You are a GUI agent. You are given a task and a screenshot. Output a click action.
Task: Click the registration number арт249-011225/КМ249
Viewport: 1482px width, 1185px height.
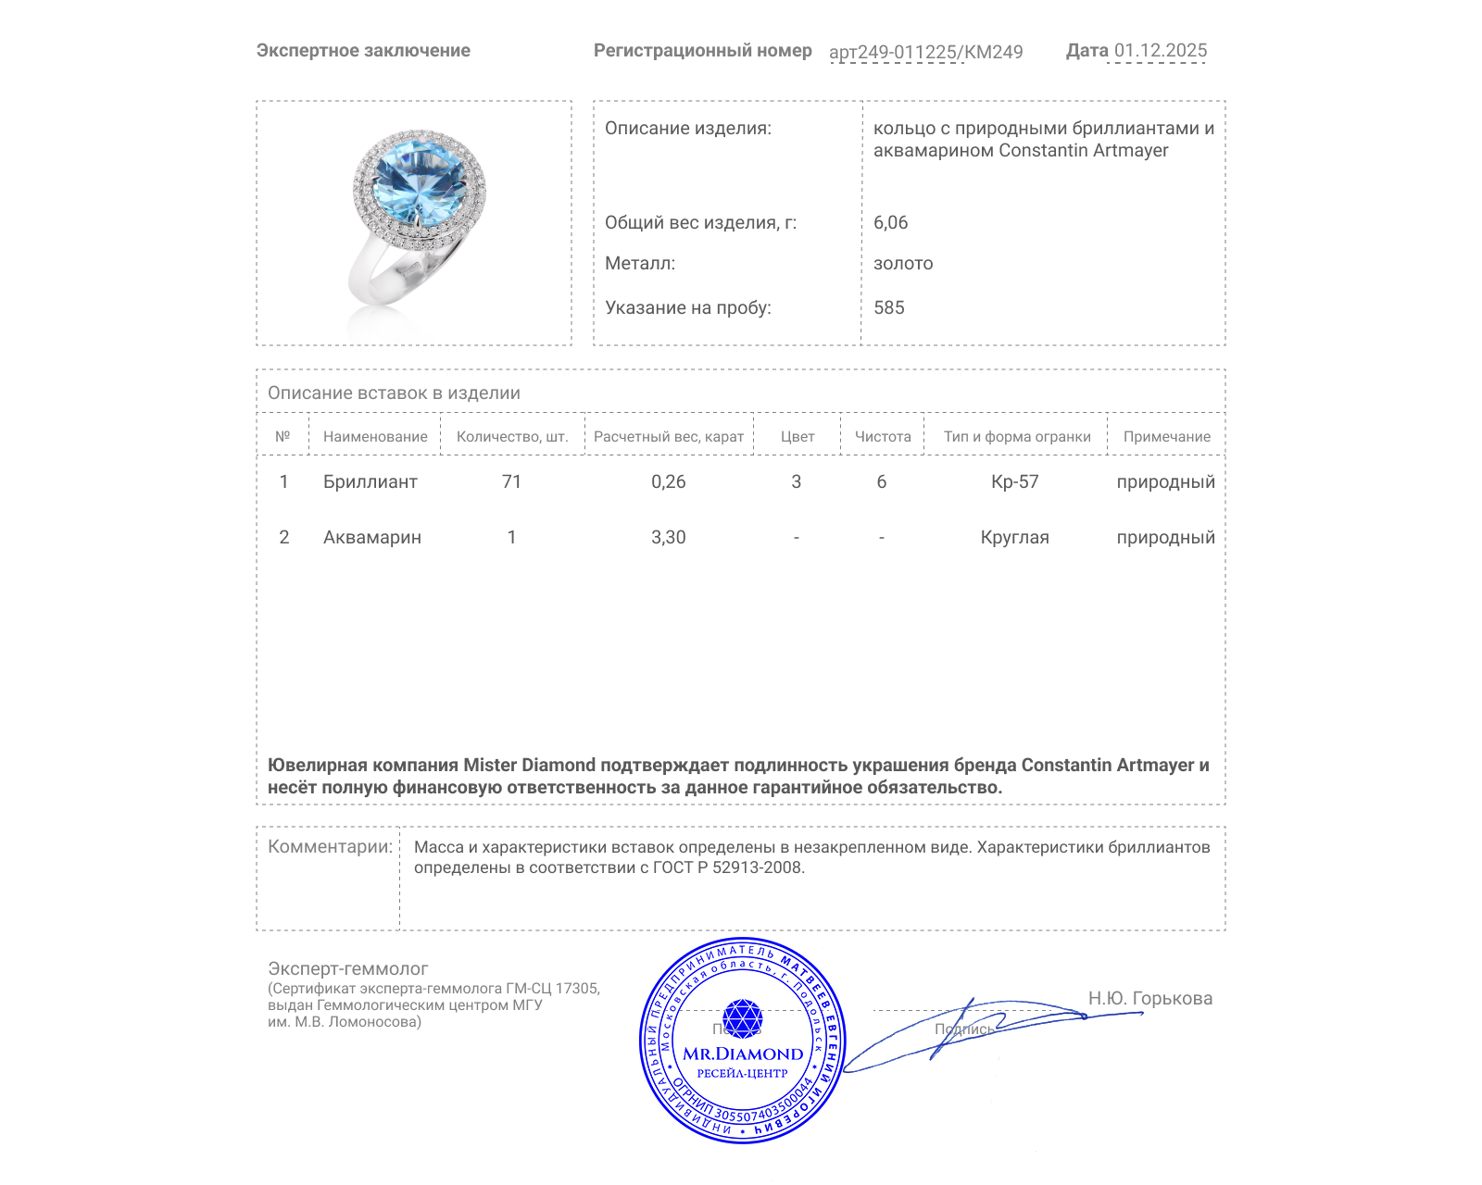[x=925, y=53]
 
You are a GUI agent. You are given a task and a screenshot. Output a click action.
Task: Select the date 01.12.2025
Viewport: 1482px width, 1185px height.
[x=1160, y=51]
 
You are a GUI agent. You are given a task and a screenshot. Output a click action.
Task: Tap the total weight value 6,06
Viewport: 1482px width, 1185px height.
[x=890, y=222]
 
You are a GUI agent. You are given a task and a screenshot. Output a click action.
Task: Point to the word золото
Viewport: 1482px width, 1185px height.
[x=903, y=263]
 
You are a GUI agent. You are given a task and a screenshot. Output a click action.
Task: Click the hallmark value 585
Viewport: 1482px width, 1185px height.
[x=888, y=307]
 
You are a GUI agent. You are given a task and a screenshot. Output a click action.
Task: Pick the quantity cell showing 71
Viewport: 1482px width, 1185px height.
[x=511, y=481]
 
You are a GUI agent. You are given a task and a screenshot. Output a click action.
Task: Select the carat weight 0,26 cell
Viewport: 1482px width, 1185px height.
[x=668, y=481]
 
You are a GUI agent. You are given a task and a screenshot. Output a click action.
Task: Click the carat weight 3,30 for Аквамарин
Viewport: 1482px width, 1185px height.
[x=668, y=537]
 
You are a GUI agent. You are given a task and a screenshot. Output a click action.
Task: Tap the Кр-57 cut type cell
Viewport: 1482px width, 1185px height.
[x=1014, y=481]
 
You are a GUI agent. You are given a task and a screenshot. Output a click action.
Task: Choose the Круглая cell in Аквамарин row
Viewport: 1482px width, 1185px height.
[x=1014, y=537]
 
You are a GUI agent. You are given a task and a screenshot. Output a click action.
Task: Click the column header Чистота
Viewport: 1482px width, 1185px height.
[x=882, y=436]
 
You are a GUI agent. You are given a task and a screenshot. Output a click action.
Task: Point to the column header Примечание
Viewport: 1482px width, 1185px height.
[x=1166, y=436]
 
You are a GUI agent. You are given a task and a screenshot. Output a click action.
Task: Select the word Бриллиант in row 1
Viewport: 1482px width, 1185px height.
[x=370, y=481]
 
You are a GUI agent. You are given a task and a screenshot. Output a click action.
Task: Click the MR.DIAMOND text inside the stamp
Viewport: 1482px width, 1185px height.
[x=743, y=1054]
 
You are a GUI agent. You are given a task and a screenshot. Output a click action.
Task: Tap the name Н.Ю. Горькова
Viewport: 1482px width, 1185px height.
[x=1149, y=998]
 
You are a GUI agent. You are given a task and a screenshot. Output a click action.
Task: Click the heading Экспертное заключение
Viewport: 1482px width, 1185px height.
[x=363, y=51]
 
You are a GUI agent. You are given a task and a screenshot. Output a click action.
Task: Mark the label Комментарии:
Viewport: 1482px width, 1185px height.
[x=330, y=846]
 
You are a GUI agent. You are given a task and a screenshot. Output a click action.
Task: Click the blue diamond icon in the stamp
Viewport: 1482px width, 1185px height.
[x=742, y=1018]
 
